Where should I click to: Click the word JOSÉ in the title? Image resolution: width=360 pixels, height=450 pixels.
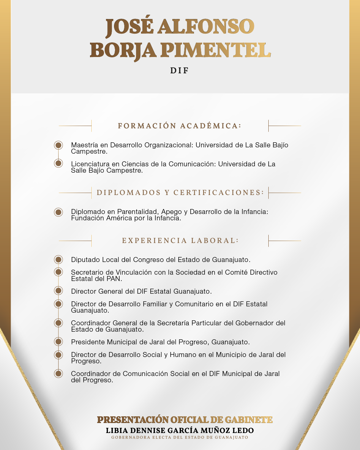(130, 27)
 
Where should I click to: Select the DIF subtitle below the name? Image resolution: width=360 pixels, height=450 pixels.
(180, 71)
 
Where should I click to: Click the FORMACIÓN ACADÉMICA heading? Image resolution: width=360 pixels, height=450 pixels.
(180, 126)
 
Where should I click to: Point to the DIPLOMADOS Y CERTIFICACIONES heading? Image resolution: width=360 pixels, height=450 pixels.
(180, 193)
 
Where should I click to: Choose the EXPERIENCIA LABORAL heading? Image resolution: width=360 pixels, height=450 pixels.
(180, 241)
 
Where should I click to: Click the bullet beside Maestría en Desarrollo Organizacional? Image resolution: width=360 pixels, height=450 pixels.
(59, 145)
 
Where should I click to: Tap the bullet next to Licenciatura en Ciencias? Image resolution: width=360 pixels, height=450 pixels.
(59, 163)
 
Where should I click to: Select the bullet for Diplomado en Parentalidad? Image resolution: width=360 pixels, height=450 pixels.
(59, 212)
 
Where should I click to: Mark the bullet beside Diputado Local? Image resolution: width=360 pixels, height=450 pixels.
(59, 260)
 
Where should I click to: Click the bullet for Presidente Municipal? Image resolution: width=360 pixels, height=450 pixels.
(59, 342)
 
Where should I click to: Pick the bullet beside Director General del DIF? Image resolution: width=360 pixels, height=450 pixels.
(59, 291)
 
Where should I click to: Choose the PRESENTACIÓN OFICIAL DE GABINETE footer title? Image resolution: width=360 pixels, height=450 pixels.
(185, 420)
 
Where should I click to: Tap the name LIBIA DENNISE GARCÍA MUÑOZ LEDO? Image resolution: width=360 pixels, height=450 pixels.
(180, 431)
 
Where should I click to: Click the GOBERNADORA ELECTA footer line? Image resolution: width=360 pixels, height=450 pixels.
(180, 437)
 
